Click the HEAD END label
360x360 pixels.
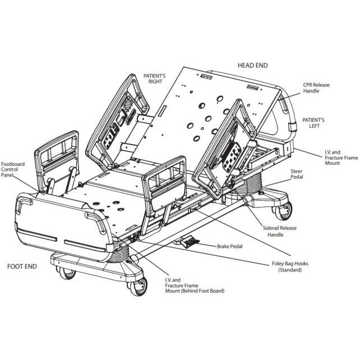click(x=252, y=66)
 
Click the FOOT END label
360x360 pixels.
click(x=22, y=266)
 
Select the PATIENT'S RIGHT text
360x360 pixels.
click(x=155, y=77)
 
